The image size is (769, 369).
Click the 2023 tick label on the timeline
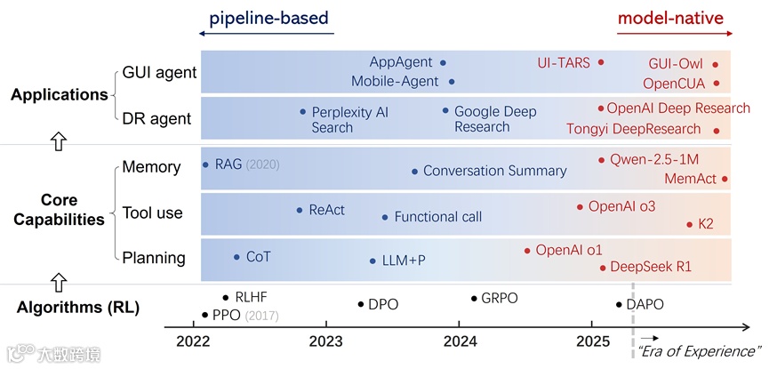pyautogui.click(x=326, y=342)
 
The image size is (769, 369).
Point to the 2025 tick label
pyautogui.click(x=593, y=342)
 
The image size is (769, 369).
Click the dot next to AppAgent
pyautogui.click(x=443, y=63)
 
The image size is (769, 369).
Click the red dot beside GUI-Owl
pyautogui.click(x=715, y=65)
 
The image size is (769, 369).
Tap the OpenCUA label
pyautogui.click(x=674, y=84)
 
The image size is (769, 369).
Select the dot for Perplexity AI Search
pyautogui.click(x=303, y=112)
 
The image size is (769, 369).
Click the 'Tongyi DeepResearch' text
pyautogui.click(x=636, y=130)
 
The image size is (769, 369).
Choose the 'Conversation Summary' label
pyautogui.click(x=494, y=171)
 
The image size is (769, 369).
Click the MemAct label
pyautogui.click(x=691, y=179)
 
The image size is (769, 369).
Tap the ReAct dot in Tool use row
pyautogui.click(x=300, y=211)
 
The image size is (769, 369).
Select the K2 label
pyautogui.click(x=706, y=224)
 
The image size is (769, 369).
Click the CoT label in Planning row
pyautogui.click(x=258, y=257)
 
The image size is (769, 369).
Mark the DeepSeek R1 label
pyautogui.click(x=650, y=267)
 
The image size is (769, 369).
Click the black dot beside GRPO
pyautogui.click(x=474, y=299)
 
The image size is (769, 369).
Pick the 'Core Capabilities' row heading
pyautogui.click(x=59, y=209)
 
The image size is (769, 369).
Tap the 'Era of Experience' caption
pyautogui.click(x=700, y=351)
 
